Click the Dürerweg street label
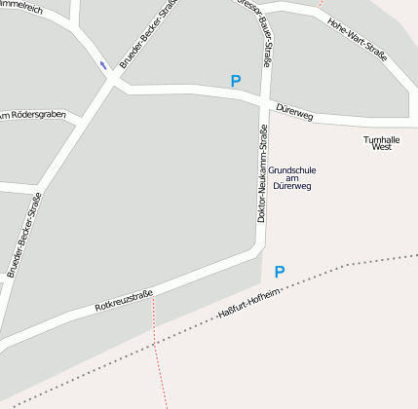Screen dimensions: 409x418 click(x=294, y=113)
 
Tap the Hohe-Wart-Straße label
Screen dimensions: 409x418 click(x=358, y=40)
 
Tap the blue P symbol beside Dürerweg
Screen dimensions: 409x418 click(x=235, y=81)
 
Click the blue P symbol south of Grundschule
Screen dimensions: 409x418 click(x=280, y=272)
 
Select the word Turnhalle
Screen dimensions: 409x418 click(x=381, y=139)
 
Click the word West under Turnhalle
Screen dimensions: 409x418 click(x=381, y=147)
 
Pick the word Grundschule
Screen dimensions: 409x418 click(x=292, y=169)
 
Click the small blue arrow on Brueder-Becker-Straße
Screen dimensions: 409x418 click(x=103, y=65)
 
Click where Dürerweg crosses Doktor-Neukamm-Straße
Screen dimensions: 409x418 click(x=264, y=101)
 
